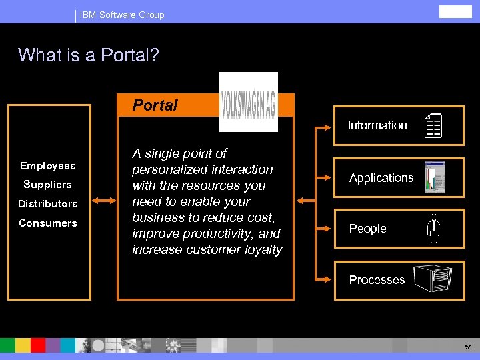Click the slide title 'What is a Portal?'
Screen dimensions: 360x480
[x=89, y=55]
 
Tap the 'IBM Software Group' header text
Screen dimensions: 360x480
[x=122, y=15]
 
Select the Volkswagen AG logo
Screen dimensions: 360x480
[x=249, y=102]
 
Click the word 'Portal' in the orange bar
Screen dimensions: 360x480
[x=155, y=105]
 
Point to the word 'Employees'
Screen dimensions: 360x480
[x=48, y=166]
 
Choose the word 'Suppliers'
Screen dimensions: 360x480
[x=47, y=185]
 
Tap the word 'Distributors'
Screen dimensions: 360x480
[x=48, y=204]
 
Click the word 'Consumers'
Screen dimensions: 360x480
[x=48, y=223]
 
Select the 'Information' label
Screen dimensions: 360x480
[x=377, y=125]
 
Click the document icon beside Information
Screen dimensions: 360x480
[x=434, y=126]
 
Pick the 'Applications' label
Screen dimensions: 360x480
[x=381, y=178]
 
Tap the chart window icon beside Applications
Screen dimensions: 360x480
[x=434, y=178]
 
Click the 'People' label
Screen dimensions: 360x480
[x=368, y=229]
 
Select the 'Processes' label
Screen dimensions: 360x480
[x=377, y=280]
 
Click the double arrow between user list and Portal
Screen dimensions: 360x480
[x=103, y=199]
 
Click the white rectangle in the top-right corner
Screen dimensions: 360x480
[x=455, y=11]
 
